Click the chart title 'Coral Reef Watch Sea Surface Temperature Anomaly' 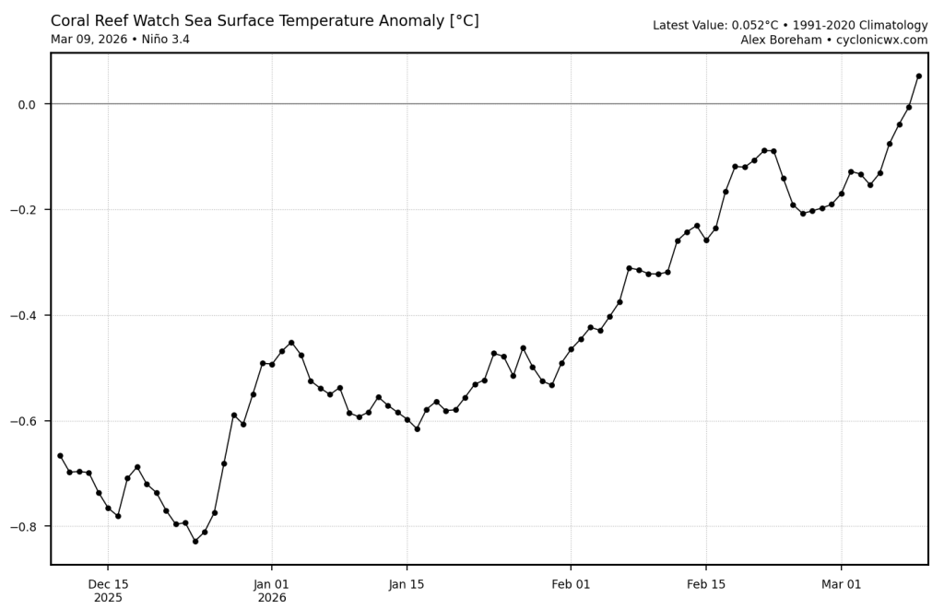pyautogui.click(x=265, y=21)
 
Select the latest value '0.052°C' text pyautogui.click(x=755, y=26)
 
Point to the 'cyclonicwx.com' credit pyautogui.click(x=881, y=41)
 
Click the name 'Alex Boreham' pyautogui.click(x=781, y=41)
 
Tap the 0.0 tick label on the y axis pyautogui.click(x=26, y=104)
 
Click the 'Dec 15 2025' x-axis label pyautogui.click(x=108, y=591)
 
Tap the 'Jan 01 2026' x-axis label pyautogui.click(x=272, y=591)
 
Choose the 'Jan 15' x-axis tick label pyautogui.click(x=407, y=584)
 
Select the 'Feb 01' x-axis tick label pyautogui.click(x=571, y=584)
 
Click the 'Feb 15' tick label pyautogui.click(x=706, y=584)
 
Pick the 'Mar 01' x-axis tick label pyautogui.click(x=841, y=584)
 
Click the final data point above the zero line pyautogui.click(x=918, y=76)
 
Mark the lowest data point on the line pyautogui.click(x=195, y=541)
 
